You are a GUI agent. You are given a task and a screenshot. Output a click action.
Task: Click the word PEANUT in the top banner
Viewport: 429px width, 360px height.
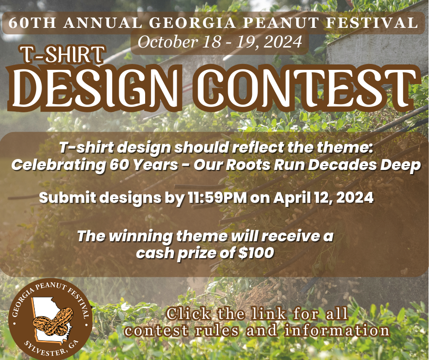click(281, 23)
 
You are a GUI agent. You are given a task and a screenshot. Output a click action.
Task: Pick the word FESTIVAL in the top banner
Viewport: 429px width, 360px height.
click(371, 23)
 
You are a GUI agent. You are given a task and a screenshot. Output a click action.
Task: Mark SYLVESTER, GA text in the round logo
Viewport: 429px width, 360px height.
click(51, 349)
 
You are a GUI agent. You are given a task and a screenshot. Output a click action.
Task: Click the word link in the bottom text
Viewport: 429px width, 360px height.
click(269, 314)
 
